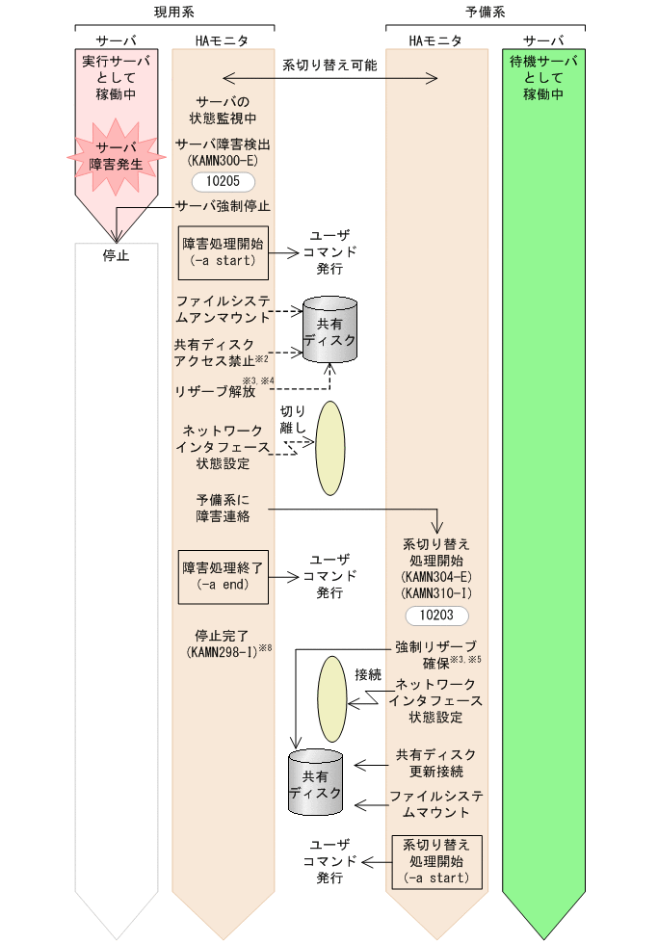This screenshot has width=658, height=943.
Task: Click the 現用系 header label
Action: coord(174,12)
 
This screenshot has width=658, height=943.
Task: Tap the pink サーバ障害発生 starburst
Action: coord(116,154)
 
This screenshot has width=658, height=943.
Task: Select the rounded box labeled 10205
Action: coord(224,181)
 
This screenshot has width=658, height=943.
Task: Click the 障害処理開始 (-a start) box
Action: coord(223,251)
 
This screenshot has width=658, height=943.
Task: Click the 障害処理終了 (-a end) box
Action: coord(223,576)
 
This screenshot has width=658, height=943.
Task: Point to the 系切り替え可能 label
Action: coord(329,65)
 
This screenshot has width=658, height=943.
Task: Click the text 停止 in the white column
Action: coord(116,256)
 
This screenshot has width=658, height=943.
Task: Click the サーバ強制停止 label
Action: coord(224,205)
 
